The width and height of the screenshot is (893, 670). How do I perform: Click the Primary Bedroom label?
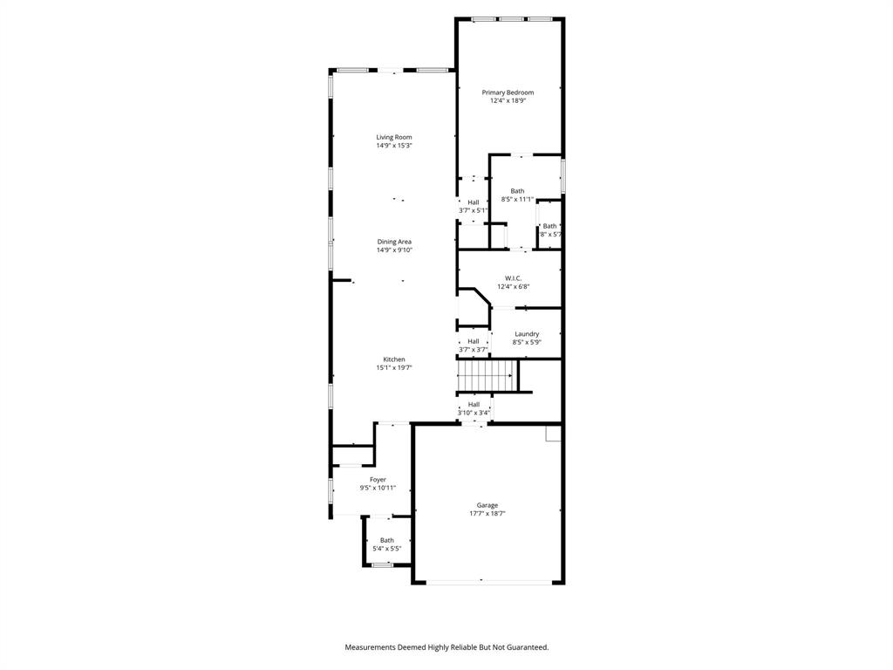(508, 92)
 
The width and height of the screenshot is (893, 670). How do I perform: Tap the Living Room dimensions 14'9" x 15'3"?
(394, 146)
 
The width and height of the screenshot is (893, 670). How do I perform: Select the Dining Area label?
(394, 242)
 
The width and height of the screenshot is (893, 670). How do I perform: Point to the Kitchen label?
(394, 359)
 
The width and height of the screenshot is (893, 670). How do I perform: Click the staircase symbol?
(486, 377)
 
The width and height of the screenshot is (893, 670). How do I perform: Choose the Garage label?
(487, 505)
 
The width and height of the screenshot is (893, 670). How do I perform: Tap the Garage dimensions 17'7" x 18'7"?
(487, 514)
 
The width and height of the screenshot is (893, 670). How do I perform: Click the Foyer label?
(378, 480)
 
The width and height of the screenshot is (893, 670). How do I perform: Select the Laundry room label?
(527, 334)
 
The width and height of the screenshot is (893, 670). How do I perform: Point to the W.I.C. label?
(513, 278)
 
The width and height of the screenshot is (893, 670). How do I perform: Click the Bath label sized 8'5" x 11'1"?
(518, 191)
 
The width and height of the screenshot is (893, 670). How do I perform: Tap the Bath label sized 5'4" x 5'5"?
(386, 540)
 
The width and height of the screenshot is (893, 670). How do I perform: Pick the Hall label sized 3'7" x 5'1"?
(473, 202)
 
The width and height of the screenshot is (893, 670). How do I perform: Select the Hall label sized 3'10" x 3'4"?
(474, 405)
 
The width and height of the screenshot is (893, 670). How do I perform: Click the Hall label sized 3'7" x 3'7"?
(473, 342)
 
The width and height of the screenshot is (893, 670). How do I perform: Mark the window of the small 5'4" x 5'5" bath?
(383, 565)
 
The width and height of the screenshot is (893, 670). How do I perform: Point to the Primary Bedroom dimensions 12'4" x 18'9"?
(508, 101)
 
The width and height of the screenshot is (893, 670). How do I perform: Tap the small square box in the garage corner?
(553, 433)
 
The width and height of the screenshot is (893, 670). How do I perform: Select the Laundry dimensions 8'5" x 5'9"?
(527, 343)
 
